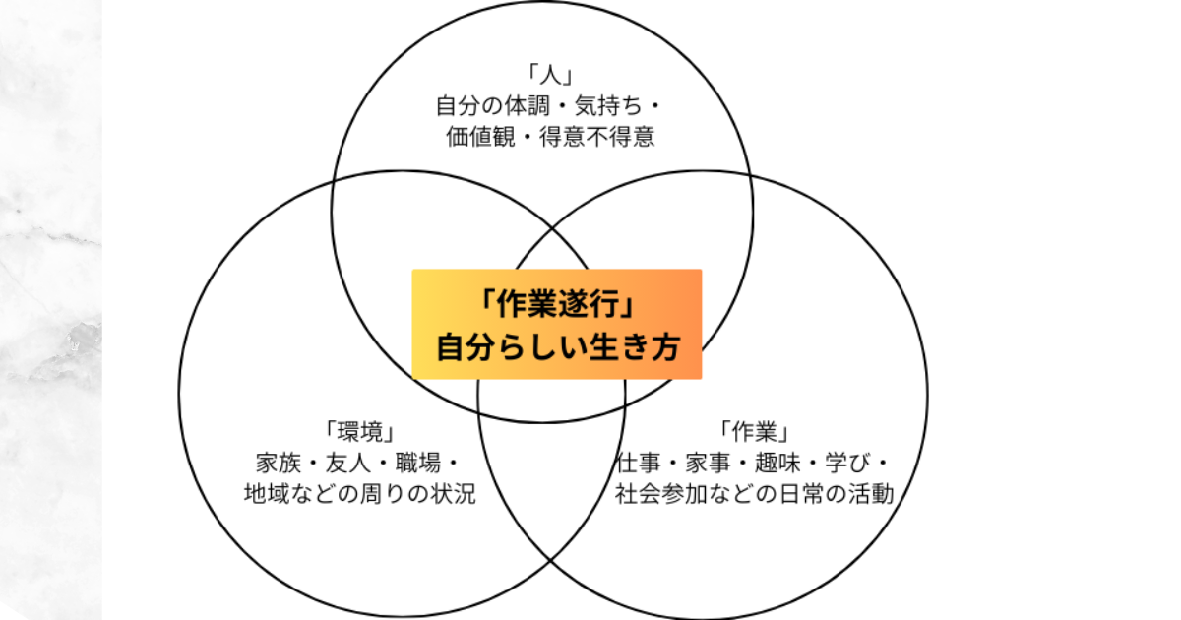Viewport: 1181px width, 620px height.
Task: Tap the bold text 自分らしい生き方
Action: point(557,347)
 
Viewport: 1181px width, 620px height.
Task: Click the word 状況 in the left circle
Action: point(453,494)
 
